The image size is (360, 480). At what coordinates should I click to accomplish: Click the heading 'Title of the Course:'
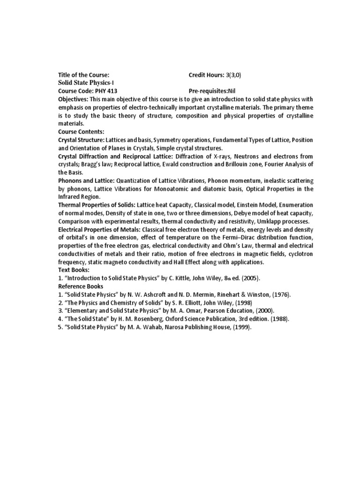click(x=83, y=75)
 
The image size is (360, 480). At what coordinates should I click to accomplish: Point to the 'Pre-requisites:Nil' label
click(x=211, y=90)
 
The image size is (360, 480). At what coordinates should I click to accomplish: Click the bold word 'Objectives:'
click(x=73, y=99)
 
